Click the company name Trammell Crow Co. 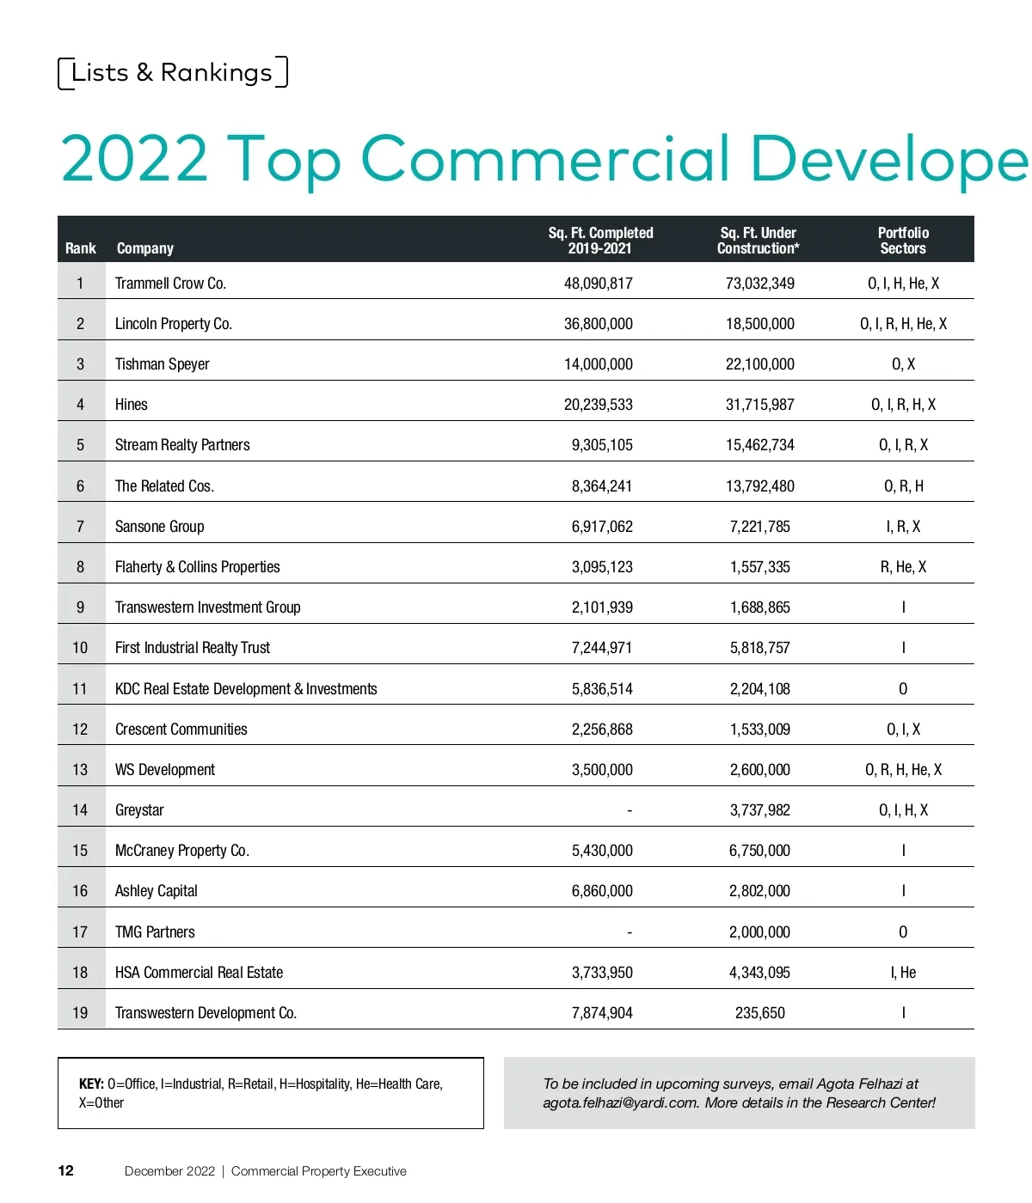tap(170, 284)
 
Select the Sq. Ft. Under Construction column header tap(759, 241)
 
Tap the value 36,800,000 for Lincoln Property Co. tap(599, 324)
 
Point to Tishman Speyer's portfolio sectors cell tap(903, 364)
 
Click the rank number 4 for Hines tap(80, 405)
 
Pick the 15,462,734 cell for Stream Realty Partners tap(760, 445)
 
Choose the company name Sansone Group tap(160, 527)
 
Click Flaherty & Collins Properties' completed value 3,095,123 tap(602, 567)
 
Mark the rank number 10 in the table tap(80, 648)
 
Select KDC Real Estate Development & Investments tap(246, 689)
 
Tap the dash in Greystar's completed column tap(630, 810)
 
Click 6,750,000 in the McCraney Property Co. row tap(760, 851)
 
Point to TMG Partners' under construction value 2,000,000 tap(760, 932)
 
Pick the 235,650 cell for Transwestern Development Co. tap(760, 1013)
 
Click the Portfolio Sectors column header tap(903, 241)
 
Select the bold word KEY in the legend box tap(91, 1084)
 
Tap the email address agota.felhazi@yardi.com tap(620, 1103)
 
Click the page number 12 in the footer tap(66, 1171)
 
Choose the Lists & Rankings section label tap(172, 73)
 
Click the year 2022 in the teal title tap(135, 159)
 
